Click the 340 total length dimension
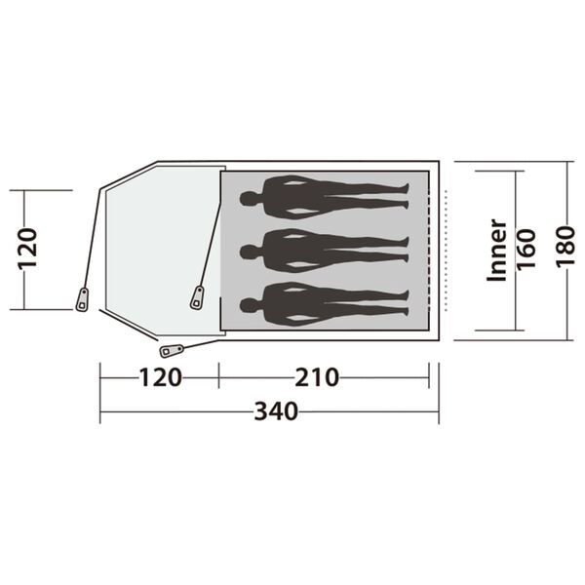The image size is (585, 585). click(x=276, y=412)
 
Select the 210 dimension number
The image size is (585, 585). click(x=318, y=377)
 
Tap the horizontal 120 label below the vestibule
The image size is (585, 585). click(x=160, y=377)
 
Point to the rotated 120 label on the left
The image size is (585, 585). click(x=27, y=249)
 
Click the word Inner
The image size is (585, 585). click(x=496, y=250)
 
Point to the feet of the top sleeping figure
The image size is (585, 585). click(x=408, y=199)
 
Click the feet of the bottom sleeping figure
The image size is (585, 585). click(x=408, y=304)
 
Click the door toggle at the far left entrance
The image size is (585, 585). click(x=82, y=298)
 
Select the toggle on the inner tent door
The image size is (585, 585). click(x=197, y=297)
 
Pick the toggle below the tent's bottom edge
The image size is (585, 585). click(x=173, y=349)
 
